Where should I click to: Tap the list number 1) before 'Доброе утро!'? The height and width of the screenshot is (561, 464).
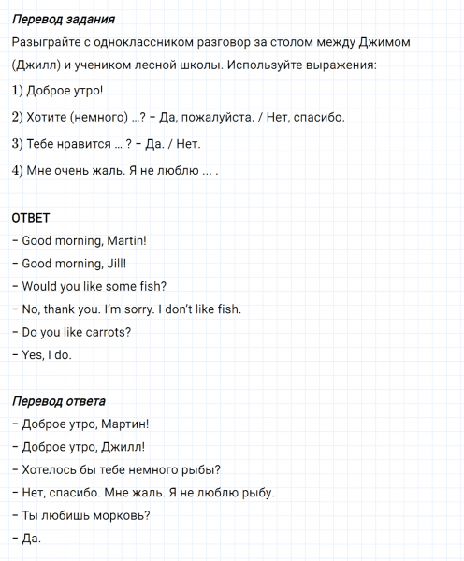pyautogui.click(x=19, y=92)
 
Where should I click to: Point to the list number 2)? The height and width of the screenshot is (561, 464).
pyautogui.click(x=19, y=118)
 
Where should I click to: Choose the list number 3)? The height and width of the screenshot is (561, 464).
pyautogui.click(x=19, y=144)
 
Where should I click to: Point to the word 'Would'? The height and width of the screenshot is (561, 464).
pyautogui.click(x=39, y=286)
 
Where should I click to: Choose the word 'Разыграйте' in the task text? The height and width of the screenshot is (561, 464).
pyautogui.click(x=47, y=44)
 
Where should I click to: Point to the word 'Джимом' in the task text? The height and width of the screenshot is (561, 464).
pyautogui.click(x=384, y=44)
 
